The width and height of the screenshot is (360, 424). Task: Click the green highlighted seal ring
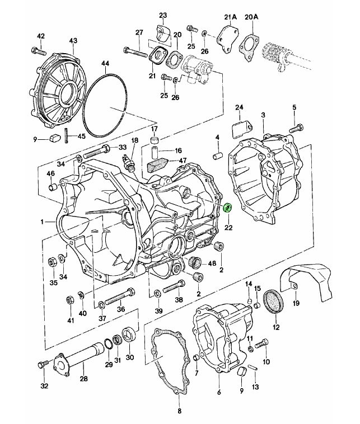pos(228,208)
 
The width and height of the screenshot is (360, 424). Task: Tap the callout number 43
pos(74,40)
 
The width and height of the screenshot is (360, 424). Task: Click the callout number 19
pos(296,303)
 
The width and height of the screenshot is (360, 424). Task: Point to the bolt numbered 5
pos(295,128)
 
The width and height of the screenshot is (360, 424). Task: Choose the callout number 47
pos(182,161)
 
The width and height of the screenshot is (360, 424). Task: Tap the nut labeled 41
pos(71,299)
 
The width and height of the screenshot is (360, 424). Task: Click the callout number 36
pos(120,308)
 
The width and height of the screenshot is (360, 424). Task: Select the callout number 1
pos(43,223)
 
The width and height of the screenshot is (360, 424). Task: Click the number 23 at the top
pos(163,15)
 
